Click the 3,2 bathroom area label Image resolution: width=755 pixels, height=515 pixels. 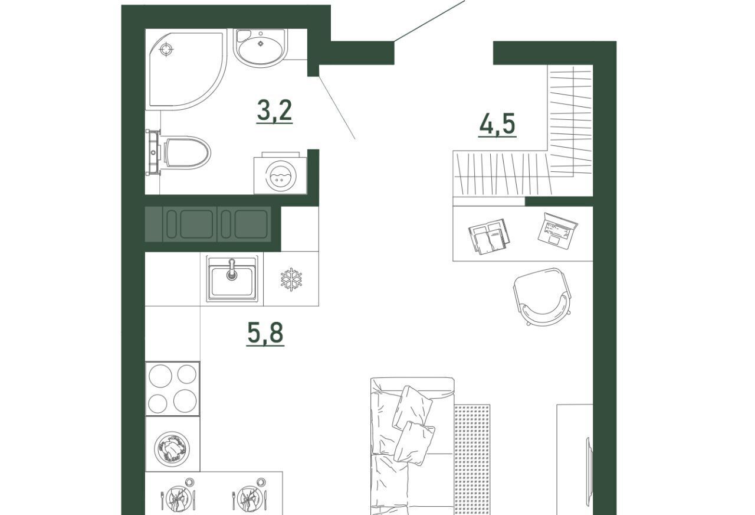tap(274, 110)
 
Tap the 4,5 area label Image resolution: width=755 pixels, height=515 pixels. tap(497, 124)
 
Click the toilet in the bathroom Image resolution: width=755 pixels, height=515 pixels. tap(187, 152)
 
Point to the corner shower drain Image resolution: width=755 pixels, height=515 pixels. tap(166, 50)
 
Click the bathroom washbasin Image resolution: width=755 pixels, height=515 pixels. tap(260, 48)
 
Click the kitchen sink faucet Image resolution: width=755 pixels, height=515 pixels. tap(232, 269)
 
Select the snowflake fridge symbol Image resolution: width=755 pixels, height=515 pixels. tap(291, 279)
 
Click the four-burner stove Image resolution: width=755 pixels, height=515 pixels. tap(173, 389)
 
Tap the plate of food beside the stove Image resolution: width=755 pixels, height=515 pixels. tap(172, 448)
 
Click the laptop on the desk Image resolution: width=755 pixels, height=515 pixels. tap(557, 230)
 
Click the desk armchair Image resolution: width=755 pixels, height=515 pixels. tap(542, 296)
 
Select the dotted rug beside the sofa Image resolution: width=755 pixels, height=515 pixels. tap(472, 459)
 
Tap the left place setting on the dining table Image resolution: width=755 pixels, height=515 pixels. tap(178, 497)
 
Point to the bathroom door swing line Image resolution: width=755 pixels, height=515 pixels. tap(337, 107)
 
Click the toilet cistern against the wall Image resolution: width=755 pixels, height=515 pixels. tap(153, 152)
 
